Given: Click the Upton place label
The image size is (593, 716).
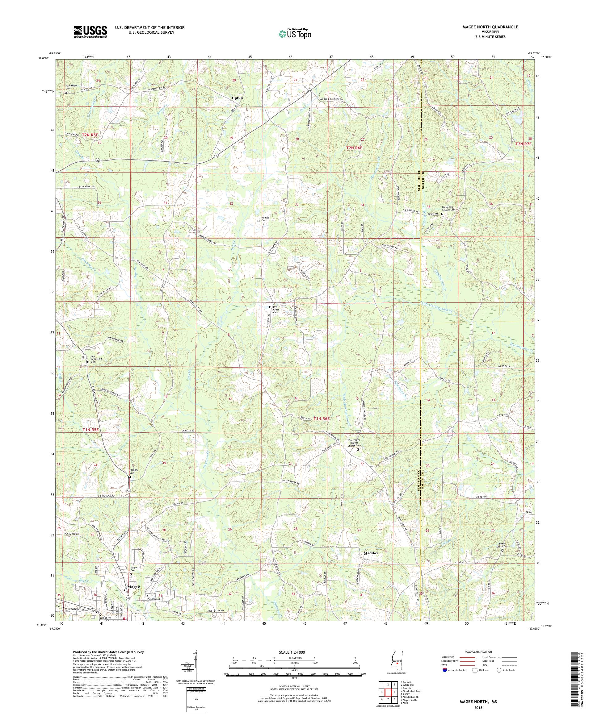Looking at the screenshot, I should pos(237,98).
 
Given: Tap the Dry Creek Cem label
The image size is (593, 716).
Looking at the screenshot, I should pos(276,309).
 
